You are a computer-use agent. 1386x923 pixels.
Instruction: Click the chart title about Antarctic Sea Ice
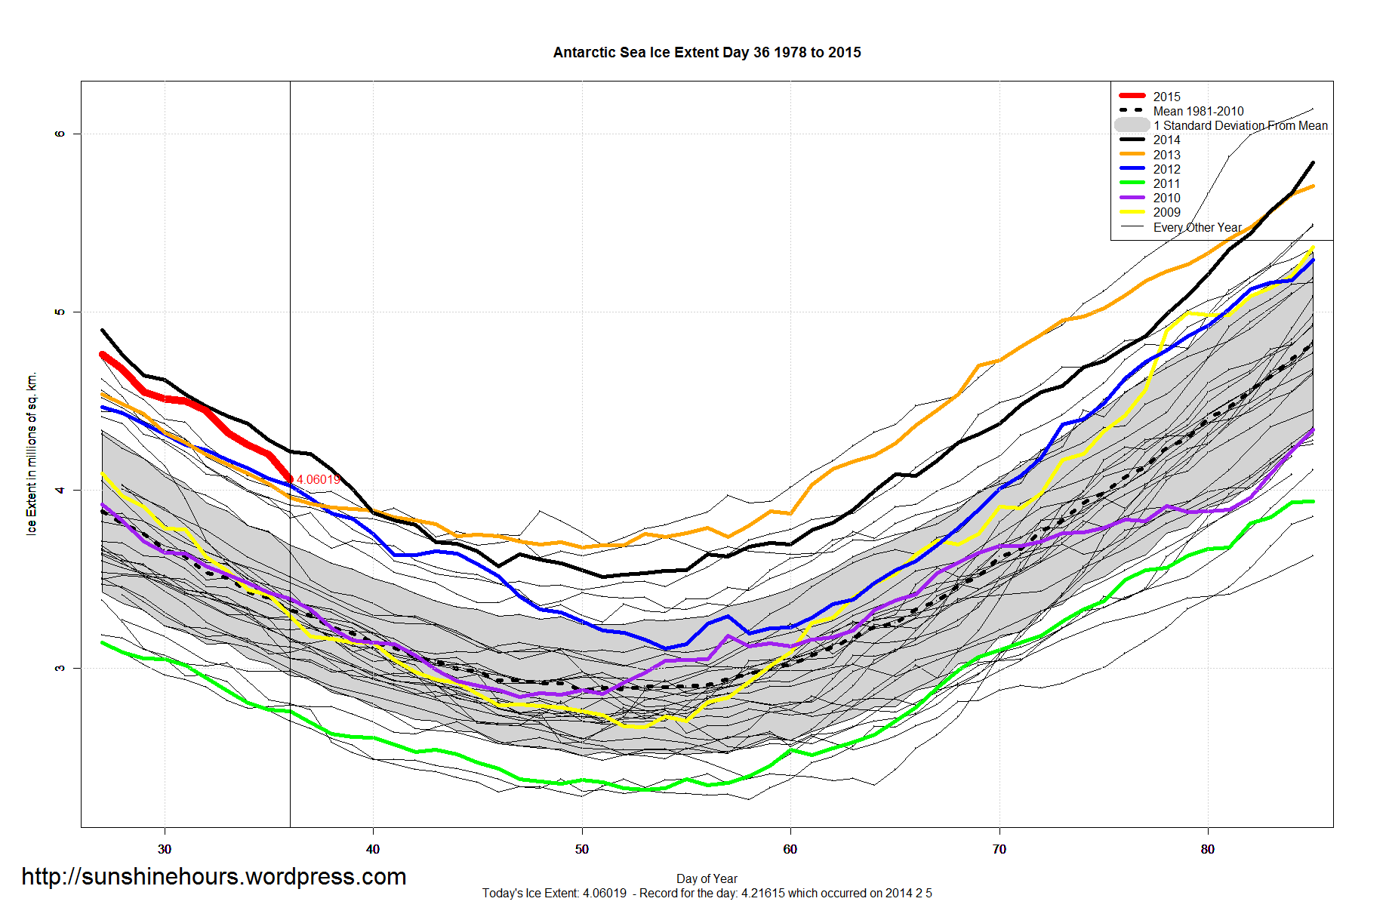click(707, 53)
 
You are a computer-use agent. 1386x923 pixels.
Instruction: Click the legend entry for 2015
click(1166, 97)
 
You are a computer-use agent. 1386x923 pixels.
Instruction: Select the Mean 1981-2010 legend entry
click(1198, 111)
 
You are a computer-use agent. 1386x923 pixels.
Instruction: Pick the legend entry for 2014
click(1166, 140)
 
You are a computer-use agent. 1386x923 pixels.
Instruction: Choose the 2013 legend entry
click(1166, 155)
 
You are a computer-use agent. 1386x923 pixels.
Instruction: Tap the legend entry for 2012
click(1166, 169)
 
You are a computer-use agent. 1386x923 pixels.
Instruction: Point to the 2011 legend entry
click(1166, 183)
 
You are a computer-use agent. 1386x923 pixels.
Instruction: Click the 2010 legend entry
click(1166, 198)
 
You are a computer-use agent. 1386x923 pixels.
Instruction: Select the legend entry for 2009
click(1166, 212)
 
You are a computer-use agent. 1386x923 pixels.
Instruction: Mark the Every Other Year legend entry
click(1197, 227)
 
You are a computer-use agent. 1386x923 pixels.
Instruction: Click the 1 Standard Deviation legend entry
click(1240, 125)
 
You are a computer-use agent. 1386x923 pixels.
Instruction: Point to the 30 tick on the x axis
click(165, 849)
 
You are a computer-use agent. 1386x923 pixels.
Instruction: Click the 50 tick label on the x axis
click(581, 849)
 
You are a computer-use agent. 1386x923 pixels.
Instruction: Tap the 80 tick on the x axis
click(1208, 849)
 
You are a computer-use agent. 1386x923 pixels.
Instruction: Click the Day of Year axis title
click(707, 878)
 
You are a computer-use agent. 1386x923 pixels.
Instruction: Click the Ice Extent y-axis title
click(32, 454)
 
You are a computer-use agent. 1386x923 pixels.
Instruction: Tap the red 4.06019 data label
click(318, 480)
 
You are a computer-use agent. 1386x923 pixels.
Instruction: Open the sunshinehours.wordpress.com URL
click(214, 877)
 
